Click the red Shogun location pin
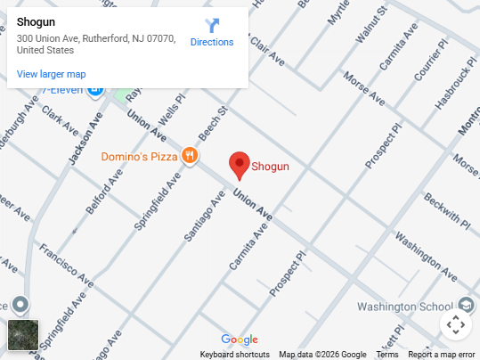point(239,165)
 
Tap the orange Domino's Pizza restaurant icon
point(189,157)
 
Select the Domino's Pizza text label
point(140,157)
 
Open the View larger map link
point(52,74)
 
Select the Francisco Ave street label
point(66,264)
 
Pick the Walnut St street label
point(370,26)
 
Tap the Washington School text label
point(405,307)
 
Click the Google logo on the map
point(240,340)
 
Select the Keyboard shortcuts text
point(235,355)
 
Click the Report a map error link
point(442,355)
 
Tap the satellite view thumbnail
point(23,335)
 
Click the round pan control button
point(455,324)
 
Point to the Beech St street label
point(214,126)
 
